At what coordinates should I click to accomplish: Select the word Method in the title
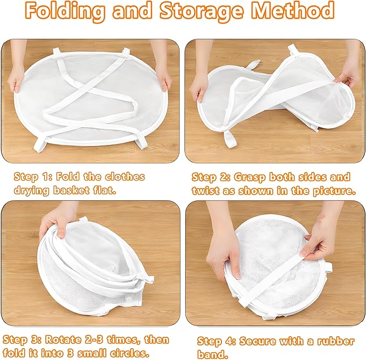click(x=293, y=10)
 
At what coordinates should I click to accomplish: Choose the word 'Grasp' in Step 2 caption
click(x=250, y=177)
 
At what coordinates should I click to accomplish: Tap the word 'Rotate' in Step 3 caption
click(x=63, y=340)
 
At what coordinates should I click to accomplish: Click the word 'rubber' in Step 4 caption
click(x=335, y=341)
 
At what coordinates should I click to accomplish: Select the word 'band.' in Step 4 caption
click(x=212, y=355)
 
